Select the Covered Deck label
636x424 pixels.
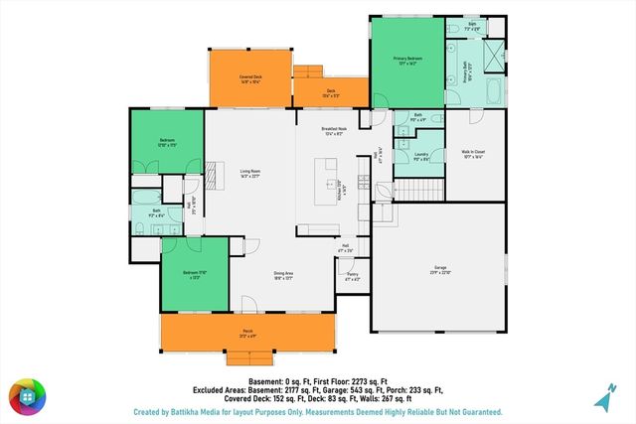coord(249,76)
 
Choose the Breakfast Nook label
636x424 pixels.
coord(334,130)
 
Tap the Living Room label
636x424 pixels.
coord(248,176)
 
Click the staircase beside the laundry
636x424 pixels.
coord(416,189)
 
